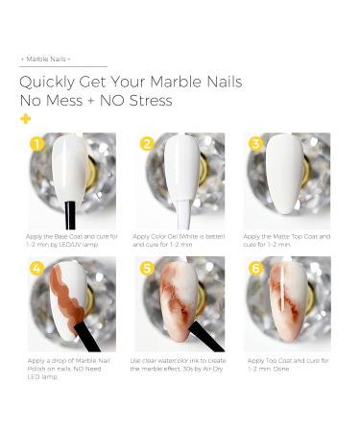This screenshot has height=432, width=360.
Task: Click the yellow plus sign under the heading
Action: click(x=24, y=118)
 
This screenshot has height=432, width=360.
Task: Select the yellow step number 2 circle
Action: click(x=147, y=144)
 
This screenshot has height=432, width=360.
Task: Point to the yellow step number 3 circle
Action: click(x=256, y=144)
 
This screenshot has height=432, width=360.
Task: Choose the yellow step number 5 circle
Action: click(x=147, y=268)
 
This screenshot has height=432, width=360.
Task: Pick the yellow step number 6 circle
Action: click(x=256, y=268)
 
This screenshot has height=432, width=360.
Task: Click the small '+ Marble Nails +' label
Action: click(x=46, y=59)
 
